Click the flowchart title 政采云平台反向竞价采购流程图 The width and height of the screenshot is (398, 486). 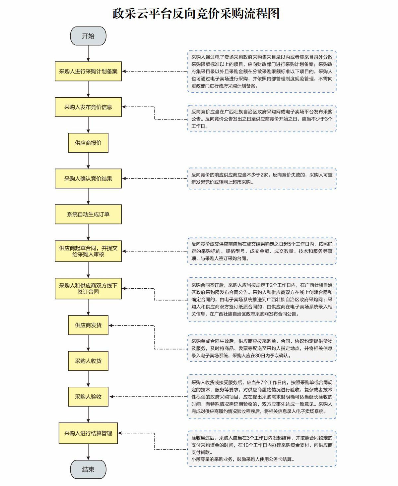pos(196,14)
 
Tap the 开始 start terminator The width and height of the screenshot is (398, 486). pos(88,36)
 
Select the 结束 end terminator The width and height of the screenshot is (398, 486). pos(88,469)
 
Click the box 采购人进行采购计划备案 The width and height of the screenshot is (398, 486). pos(88,71)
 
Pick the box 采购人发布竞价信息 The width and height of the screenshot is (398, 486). pos(88,107)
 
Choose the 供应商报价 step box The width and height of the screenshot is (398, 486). pos(88,143)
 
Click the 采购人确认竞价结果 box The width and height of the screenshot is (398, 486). pos(88,178)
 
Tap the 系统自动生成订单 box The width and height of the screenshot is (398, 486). pos(88,214)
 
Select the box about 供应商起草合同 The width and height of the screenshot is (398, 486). pos(88,251)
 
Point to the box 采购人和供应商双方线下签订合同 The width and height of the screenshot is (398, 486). pos(88,288)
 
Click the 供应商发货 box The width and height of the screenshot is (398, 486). pos(88,325)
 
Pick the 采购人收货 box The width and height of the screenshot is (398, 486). pos(88,361)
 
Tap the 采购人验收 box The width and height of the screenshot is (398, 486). pos(88,397)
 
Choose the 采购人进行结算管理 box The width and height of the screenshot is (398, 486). pos(88,433)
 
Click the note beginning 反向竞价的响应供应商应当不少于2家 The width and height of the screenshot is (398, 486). pos(262,178)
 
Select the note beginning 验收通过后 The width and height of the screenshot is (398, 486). pos(262,448)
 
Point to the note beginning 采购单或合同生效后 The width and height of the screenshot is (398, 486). pos(262,348)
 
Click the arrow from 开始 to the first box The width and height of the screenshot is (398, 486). pos(88,53)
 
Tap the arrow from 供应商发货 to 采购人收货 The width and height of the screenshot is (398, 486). pos(88,343)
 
